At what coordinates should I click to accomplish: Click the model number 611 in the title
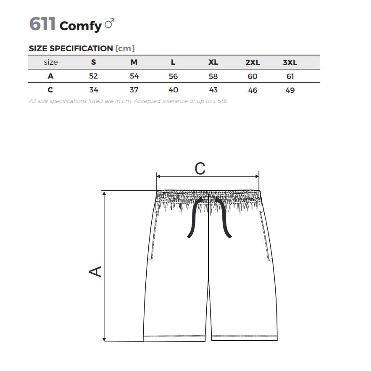click(x=42, y=24)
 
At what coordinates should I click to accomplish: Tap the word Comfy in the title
click(x=80, y=26)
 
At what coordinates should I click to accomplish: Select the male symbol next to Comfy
click(x=110, y=23)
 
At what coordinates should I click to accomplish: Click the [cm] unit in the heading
click(x=125, y=48)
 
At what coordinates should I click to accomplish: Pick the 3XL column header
click(x=290, y=63)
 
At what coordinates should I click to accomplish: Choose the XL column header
click(x=213, y=62)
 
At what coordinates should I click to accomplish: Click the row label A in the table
click(x=50, y=76)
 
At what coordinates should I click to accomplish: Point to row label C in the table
click(x=50, y=90)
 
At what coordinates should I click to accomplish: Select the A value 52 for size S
click(x=93, y=76)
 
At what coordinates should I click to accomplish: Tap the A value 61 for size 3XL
click(x=290, y=76)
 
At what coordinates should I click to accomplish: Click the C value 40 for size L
click(x=174, y=90)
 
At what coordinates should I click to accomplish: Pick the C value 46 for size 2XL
click(x=253, y=90)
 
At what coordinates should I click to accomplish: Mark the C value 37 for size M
click(x=134, y=90)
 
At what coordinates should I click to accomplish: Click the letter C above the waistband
click(x=200, y=169)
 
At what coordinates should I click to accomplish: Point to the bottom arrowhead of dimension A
click(x=104, y=339)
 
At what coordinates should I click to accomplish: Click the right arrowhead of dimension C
click(x=257, y=176)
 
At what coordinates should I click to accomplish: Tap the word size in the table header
click(x=51, y=62)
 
